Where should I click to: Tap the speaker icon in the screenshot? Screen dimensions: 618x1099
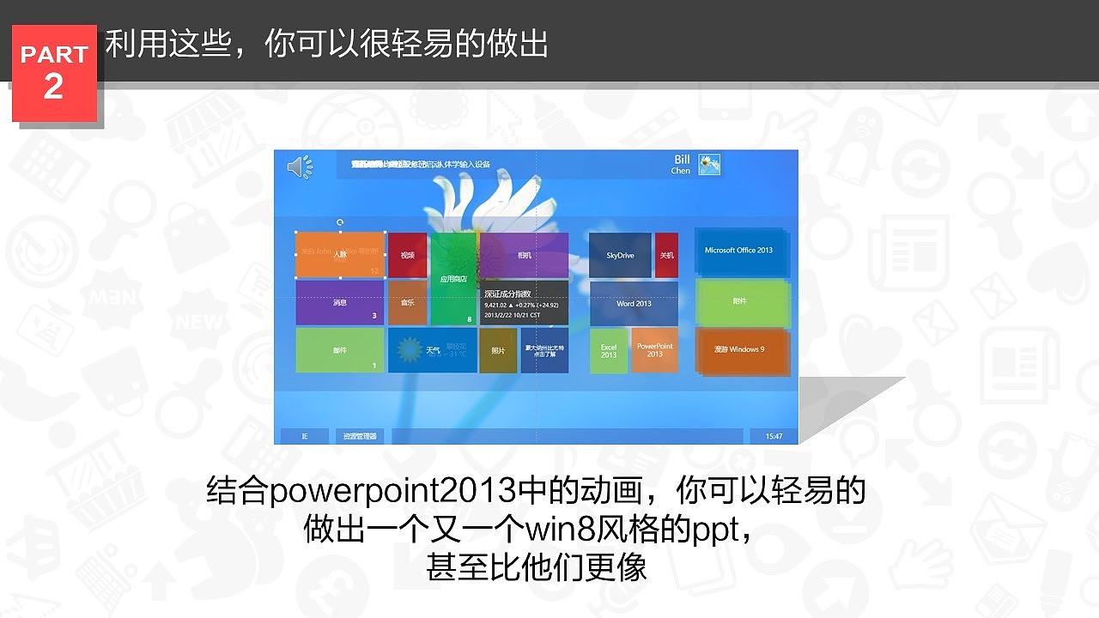pos(299,167)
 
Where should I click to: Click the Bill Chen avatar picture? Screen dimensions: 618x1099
pos(709,164)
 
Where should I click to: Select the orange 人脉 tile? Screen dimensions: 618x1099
pos(340,255)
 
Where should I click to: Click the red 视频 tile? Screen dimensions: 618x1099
pos(408,255)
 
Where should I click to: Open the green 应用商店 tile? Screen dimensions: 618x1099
pos(453,279)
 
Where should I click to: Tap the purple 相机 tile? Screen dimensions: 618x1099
pos(524,255)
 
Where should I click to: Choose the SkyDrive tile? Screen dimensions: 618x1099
pos(620,255)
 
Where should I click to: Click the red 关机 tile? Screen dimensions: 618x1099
pos(666,255)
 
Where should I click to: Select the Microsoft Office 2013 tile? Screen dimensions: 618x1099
pos(739,251)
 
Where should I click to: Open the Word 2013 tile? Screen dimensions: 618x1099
pos(634,304)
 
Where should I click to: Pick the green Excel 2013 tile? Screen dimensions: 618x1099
pos(609,350)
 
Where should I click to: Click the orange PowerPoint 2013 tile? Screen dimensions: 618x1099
pos(655,350)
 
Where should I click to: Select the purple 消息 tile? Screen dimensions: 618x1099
pos(340,303)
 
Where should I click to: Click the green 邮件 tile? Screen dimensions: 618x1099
pos(340,350)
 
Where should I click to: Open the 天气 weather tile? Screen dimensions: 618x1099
pos(432,350)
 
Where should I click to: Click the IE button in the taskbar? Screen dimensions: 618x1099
pos(304,436)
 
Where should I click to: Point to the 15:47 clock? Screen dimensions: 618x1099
pos(774,436)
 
